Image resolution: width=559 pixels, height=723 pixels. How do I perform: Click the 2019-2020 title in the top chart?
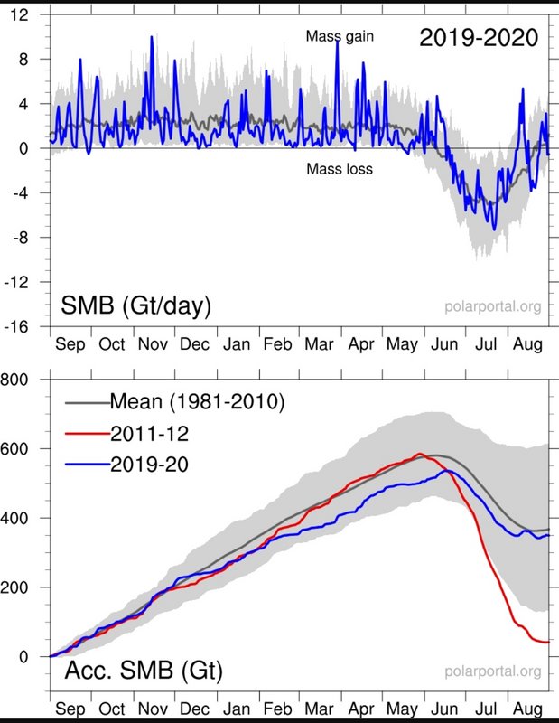pos(479,37)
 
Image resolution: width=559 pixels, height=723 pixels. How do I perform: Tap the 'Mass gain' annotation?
pos(339,36)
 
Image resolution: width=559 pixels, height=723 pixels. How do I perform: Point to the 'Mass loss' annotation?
pos(339,168)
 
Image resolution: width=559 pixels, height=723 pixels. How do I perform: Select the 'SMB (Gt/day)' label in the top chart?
pos(135,306)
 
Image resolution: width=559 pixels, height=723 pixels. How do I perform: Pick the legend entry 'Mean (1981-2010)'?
pos(197,400)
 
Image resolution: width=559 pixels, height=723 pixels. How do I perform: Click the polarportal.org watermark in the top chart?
pos(494,307)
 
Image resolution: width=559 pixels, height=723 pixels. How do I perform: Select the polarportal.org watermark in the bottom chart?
pos(494,671)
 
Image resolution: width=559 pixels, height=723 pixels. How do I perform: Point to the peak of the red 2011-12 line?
pos(420,454)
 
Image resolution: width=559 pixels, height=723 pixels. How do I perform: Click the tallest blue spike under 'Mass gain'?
pos(337,42)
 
